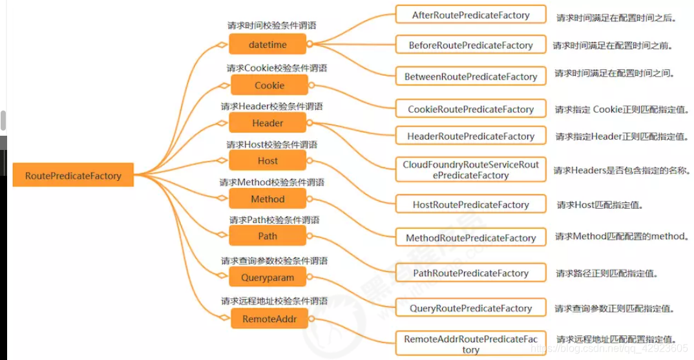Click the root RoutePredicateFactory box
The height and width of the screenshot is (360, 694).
point(73,175)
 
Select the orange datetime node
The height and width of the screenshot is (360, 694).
point(268,44)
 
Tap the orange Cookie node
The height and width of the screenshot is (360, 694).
point(269,85)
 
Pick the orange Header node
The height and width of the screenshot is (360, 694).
point(268,123)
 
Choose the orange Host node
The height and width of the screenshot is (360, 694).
point(268,160)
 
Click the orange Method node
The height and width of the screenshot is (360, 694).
point(268,198)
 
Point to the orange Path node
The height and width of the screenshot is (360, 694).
point(268,236)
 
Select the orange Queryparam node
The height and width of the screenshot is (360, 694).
point(268,277)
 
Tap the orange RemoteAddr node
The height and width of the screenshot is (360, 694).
point(269,318)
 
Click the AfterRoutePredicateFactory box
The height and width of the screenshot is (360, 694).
point(470,15)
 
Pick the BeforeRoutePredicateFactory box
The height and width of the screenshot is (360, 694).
point(470,45)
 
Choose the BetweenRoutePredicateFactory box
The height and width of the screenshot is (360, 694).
point(470,76)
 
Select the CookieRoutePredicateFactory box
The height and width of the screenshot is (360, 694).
point(470,109)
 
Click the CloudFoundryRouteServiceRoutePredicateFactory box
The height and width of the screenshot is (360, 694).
point(470,170)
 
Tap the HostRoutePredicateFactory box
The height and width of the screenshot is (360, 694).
point(470,205)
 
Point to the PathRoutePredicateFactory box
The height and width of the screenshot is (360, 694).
point(470,273)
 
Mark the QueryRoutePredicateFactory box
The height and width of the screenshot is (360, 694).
point(470,308)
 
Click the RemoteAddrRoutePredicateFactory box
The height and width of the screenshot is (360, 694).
point(470,344)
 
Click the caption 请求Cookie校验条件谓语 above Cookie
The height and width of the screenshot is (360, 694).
point(277,68)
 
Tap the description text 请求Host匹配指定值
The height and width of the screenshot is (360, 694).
point(600,205)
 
